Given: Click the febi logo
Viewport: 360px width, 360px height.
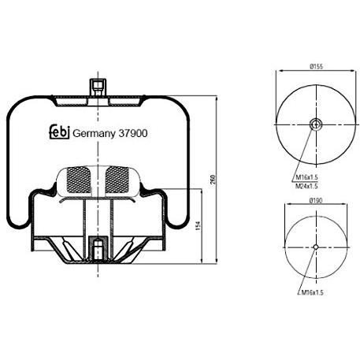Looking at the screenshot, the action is coord(60,132).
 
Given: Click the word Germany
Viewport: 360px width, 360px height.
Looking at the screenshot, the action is coord(94,134).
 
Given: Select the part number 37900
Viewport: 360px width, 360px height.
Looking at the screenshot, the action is coord(133,133).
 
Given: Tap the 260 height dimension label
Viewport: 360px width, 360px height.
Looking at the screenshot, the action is coord(213,180).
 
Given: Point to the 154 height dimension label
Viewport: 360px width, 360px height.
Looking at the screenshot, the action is coord(199,226).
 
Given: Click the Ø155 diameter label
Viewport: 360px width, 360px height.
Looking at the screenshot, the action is coord(316,67).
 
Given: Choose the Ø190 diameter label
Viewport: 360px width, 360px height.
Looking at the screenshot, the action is coord(316,201).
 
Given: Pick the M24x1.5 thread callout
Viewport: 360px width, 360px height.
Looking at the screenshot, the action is coord(306,186).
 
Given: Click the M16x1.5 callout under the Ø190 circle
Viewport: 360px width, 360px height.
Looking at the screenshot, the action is coord(312,292).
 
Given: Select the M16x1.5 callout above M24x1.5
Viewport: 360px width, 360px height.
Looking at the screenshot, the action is coord(307,177).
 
